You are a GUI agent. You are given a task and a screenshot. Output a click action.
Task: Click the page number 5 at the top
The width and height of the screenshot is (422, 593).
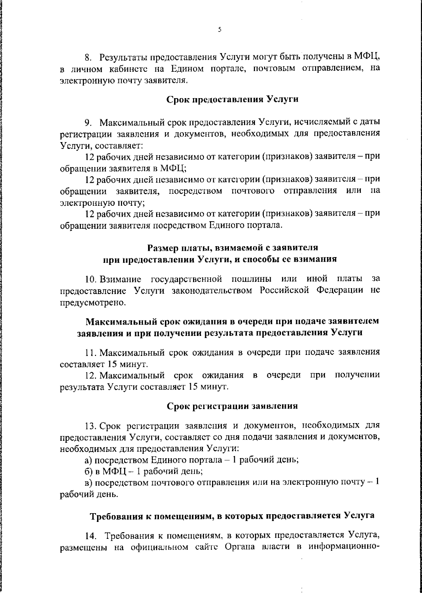pos(219,30)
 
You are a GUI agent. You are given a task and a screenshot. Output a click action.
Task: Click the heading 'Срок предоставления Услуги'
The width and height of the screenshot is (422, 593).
pos(232,99)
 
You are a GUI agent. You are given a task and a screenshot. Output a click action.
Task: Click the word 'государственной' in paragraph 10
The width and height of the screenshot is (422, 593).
pos(186,279)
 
